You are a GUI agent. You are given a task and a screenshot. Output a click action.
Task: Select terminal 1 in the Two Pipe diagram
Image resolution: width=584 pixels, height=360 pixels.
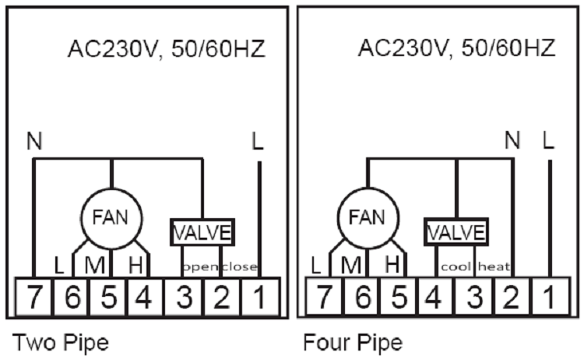click(257, 297)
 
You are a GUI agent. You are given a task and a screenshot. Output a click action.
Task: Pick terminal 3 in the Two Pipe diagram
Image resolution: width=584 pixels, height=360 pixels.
click(184, 297)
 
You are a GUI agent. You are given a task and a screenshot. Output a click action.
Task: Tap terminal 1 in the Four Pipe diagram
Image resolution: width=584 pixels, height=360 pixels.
click(550, 297)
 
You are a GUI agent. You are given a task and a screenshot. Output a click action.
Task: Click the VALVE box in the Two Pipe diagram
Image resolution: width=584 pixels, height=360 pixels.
click(202, 232)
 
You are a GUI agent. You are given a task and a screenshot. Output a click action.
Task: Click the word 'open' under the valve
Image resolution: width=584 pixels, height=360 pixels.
click(198, 267)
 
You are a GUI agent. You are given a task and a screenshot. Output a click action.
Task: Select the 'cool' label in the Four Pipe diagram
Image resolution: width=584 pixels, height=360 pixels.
click(456, 267)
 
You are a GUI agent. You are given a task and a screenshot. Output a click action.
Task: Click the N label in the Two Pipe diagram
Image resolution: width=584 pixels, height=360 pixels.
click(33, 142)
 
